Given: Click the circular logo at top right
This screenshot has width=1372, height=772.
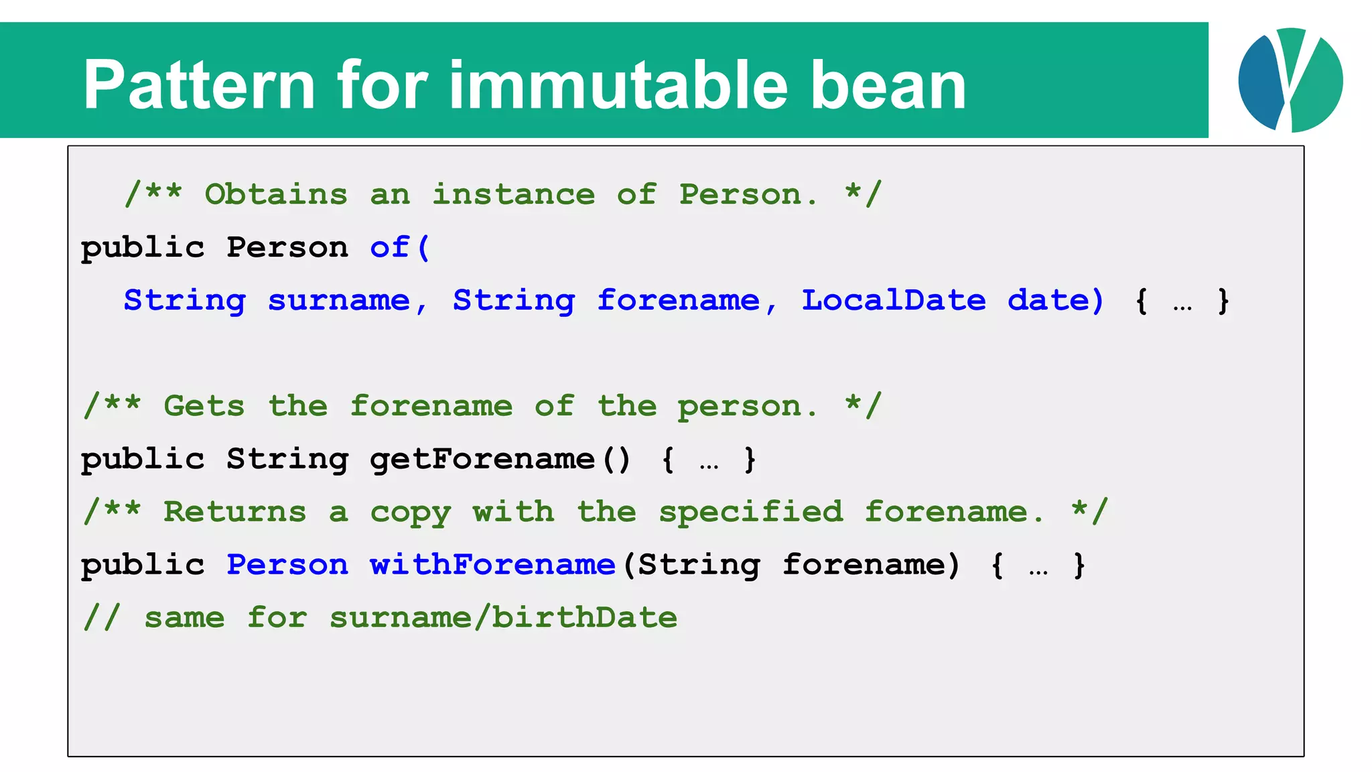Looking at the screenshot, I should click(x=1290, y=80).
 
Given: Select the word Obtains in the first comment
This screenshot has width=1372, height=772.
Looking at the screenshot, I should click(x=276, y=194).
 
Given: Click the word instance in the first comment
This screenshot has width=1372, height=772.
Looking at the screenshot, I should click(x=513, y=194).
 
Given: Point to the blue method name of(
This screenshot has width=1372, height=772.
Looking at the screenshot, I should click(x=399, y=247).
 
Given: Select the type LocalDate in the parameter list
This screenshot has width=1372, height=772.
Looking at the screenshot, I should click(x=894, y=300).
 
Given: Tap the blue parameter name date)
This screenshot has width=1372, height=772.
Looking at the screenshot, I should click(x=1055, y=300).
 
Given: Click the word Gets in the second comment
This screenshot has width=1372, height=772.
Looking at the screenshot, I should click(x=204, y=406).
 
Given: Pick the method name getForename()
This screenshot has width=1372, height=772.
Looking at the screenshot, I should click(x=500, y=460).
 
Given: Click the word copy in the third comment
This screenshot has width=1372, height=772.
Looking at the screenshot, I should click(x=411, y=513).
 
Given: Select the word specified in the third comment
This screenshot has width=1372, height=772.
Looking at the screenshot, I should click(x=751, y=513).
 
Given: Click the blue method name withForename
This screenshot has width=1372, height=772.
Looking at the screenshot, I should click(x=492, y=565).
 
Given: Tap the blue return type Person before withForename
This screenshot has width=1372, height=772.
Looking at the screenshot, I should click(x=287, y=565).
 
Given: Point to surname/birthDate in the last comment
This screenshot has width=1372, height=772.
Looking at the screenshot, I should click(x=503, y=618).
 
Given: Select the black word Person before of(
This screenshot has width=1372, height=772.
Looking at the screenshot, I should click(x=287, y=247).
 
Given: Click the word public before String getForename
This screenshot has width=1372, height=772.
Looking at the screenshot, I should click(x=143, y=460).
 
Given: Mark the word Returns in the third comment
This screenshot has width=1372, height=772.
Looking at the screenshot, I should click(x=235, y=513).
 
